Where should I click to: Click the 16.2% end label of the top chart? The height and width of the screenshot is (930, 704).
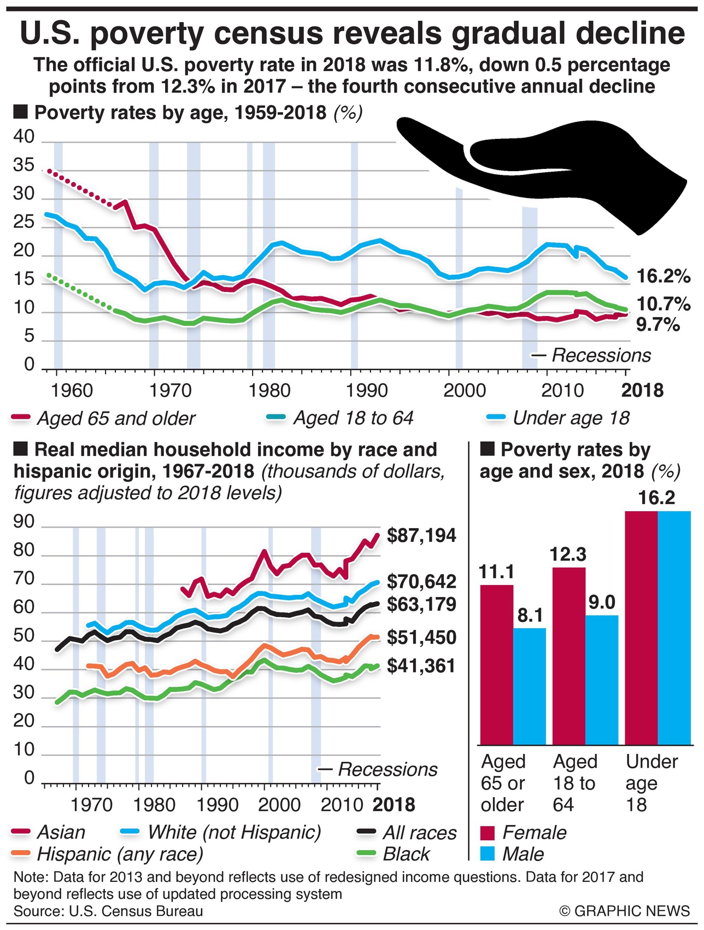coord(664,276)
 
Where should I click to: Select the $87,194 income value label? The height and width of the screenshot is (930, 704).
coord(421,535)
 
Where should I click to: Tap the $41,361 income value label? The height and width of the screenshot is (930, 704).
coord(421,666)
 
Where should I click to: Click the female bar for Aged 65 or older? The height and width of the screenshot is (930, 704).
coord(497,664)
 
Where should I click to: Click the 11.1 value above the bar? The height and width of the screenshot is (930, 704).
coord(496,572)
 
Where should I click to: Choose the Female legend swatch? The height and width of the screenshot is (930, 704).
coord(488,833)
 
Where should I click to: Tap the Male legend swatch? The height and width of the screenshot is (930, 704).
coord(488,854)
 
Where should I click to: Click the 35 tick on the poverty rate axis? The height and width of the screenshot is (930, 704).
coord(24,166)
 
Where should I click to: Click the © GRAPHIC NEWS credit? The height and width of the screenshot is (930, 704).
coord(625,911)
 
